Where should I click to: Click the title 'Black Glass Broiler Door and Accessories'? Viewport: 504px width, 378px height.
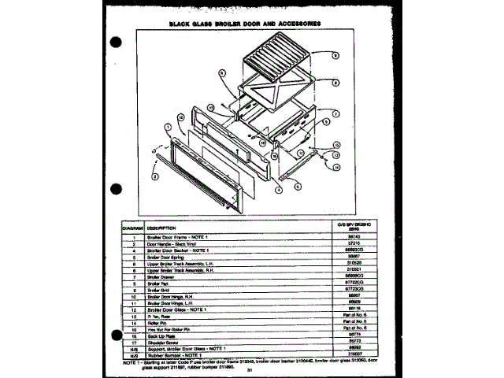[245, 23]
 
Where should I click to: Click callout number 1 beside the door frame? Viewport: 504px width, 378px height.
[168, 127]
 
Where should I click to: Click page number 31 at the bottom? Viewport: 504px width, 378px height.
[247, 370]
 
